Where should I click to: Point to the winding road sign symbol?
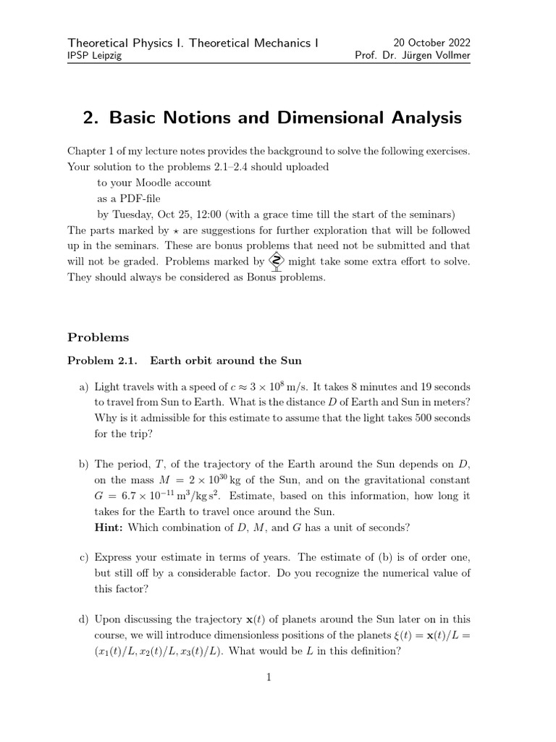tap(276, 262)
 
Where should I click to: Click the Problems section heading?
tap(98, 337)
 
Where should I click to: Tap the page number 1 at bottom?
tap(269, 678)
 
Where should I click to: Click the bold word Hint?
tap(109, 527)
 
